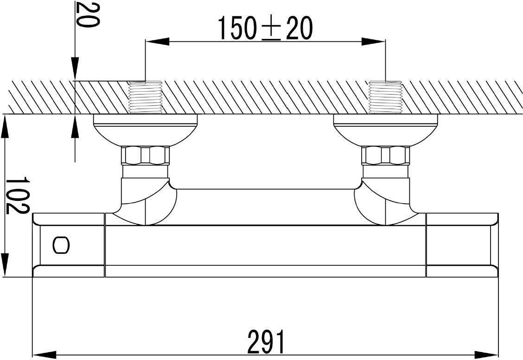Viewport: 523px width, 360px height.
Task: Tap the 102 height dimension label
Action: point(18,195)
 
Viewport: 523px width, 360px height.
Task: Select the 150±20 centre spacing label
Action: point(265,28)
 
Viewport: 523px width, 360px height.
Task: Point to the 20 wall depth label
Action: point(87,14)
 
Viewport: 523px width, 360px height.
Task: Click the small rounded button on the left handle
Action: point(61,245)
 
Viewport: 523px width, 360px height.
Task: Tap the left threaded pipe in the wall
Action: point(145,97)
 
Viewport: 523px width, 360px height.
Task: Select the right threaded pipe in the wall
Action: point(385,97)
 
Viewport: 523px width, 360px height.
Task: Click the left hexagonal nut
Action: point(145,155)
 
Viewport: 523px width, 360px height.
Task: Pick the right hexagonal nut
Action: point(386,155)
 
